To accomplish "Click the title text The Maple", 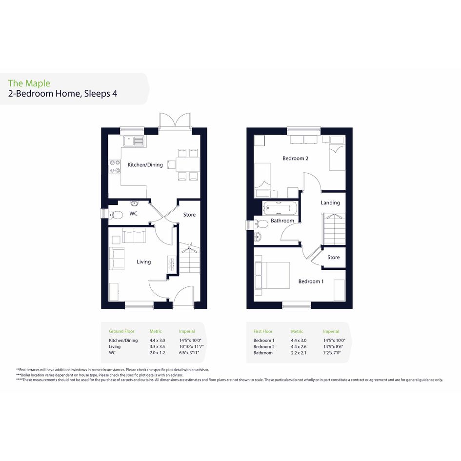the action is coord(29,83).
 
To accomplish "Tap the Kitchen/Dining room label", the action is coord(145,165).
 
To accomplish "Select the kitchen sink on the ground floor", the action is coord(134,141).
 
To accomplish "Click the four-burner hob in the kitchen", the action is coord(115,166).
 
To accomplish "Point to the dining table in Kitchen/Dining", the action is coord(188,165).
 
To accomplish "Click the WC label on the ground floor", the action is coord(133,214).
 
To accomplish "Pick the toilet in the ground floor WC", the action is coord(115,215).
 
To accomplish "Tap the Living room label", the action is coord(143,261).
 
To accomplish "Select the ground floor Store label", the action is coord(189,215).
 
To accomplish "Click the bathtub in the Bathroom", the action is coord(281,208).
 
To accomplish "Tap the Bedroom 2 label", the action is coord(295,158).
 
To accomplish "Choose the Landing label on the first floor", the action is coord(330,202).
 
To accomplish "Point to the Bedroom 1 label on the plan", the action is coord(311,281).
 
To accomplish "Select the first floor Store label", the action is coord(333,257).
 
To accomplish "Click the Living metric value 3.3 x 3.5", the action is coord(157,346).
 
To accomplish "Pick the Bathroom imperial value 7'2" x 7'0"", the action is coord(332,353).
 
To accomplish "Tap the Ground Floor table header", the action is coord(121,331).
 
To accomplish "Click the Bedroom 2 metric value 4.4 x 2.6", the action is coord(299,347).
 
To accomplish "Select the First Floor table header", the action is coord(263,331).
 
